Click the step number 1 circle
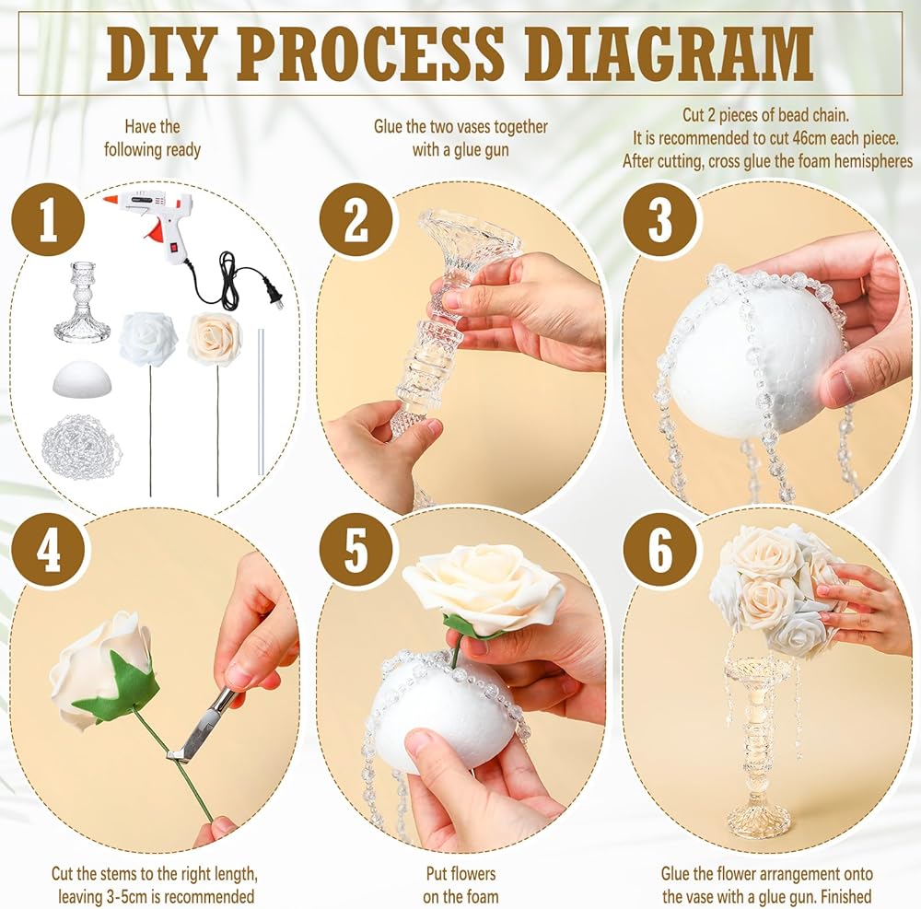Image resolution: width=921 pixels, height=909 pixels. coord(48,221)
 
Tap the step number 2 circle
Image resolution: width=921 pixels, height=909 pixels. coord(356,221)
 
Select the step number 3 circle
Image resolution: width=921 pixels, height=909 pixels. coord(660,221)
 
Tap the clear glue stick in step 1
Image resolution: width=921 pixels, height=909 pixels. coord(261,399)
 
